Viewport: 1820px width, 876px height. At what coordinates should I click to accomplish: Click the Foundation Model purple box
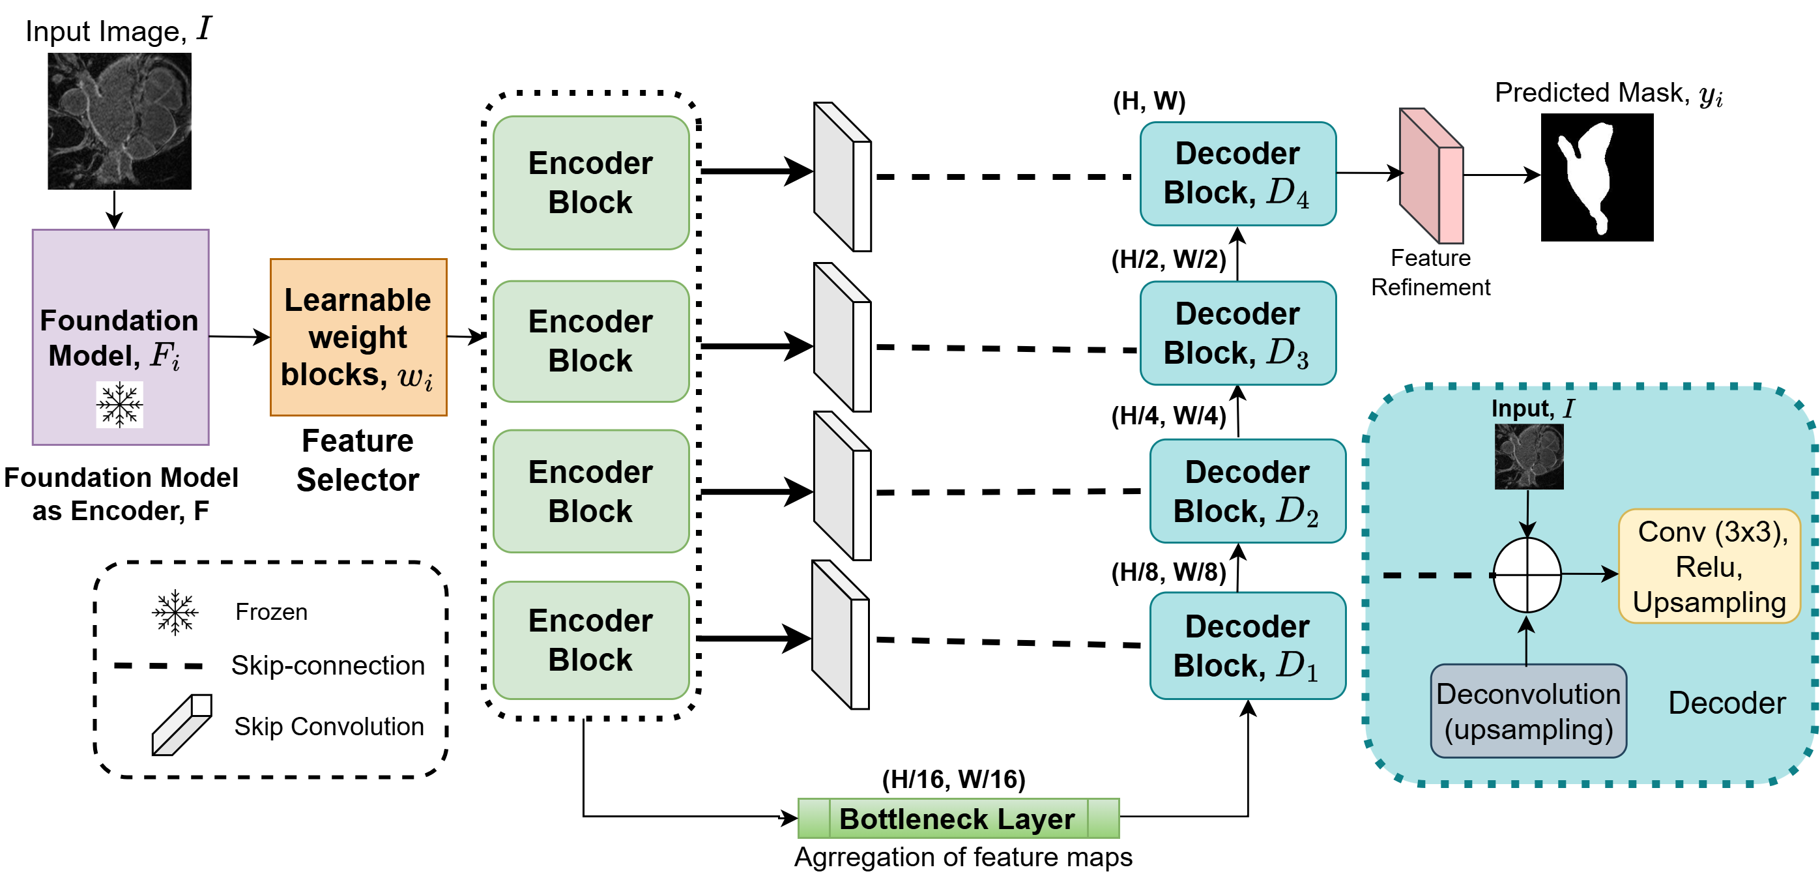tap(121, 337)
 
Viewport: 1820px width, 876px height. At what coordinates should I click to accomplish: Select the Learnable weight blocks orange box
tap(359, 337)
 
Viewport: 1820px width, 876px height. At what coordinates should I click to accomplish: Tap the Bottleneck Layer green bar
tap(958, 818)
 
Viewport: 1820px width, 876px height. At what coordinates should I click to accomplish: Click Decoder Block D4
tap(1238, 174)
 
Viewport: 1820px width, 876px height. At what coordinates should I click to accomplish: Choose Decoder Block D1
tap(1248, 646)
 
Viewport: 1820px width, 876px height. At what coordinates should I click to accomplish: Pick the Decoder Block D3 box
tap(1238, 334)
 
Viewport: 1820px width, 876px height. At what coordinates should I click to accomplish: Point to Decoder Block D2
tap(1248, 491)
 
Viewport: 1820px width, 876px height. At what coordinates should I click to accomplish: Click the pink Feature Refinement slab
tap(1432, 175)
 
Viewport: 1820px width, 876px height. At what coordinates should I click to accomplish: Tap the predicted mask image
tap(1596, 177)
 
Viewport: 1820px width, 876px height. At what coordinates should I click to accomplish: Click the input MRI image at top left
tap(119, 121)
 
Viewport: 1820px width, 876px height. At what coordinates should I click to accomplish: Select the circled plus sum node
tap(1527, 575)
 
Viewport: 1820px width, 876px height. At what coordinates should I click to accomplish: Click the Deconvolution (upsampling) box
tap(1528, 710)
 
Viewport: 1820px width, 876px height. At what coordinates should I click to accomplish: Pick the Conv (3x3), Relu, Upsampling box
tap(1710, 566)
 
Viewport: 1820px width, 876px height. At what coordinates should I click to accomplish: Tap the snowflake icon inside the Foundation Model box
tap(119, 405)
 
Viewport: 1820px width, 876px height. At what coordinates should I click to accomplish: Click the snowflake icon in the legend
tap(175, 612)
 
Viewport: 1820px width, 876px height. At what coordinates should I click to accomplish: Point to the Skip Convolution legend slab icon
tap(182, 725)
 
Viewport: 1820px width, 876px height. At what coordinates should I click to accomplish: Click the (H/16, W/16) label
tap(954, 780)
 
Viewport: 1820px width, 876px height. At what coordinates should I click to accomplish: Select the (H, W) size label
tap(1149, 101)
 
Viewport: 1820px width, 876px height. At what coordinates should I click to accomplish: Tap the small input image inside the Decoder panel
tap(1529, 456)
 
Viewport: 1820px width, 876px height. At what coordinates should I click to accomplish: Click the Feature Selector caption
tap(358, 460)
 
